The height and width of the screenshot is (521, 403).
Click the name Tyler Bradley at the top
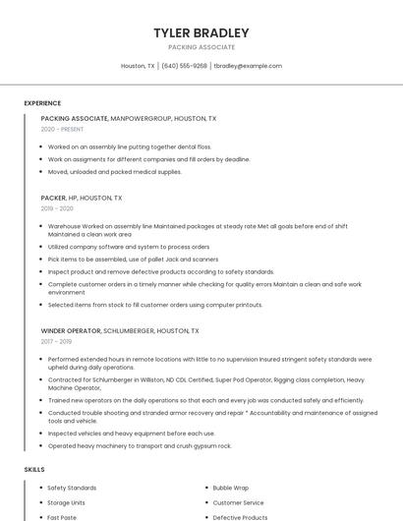[x=201, y=32]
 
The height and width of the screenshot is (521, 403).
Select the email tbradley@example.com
[x=248, y=66]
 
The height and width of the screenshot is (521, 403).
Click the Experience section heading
[x=42, y=103]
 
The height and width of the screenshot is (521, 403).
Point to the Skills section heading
[x=34, y=470]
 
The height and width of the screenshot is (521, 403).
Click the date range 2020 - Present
[x=62, y=129]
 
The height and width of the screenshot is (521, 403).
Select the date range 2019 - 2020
[x=57, y=208]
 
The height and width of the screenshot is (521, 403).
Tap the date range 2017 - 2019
[x=56, y=341]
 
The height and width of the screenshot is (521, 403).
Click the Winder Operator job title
[x=71, y=331]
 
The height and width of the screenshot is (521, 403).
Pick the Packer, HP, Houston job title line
[x=82, y=198]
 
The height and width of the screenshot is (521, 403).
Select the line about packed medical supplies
[x=115, y=171]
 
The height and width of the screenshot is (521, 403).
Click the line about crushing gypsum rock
[x=140, y=445]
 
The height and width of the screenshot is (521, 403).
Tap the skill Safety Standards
[x=72, y=488]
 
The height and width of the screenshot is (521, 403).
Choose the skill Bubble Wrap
[x=231, y=488]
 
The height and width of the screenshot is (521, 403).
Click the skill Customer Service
[x=239, y=502]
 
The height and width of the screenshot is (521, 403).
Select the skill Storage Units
[x=66, y=502]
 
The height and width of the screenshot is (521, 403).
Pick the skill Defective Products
[x=240, y=517]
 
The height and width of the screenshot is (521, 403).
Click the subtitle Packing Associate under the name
[x=201, y=47]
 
